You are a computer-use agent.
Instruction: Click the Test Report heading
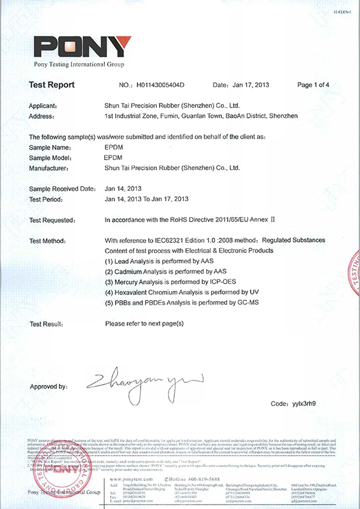[52, 85]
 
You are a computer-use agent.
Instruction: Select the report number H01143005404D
[160, 85]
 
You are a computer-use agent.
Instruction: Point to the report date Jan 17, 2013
[251, 85]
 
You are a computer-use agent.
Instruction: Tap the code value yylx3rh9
[303, 403]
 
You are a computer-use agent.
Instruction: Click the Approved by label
[48, 386]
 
